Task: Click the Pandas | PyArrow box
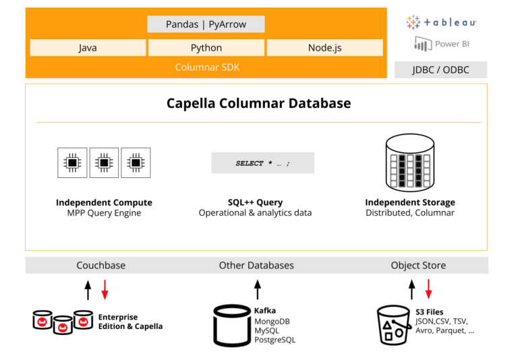point(206,25)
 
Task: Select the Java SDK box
point(88,48)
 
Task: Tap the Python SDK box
point(206,48)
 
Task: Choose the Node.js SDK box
point(324,48)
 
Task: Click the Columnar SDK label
point(207,67)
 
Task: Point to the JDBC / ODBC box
point(440,70)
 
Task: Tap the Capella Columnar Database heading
point(259,104)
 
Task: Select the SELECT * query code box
point(262,163)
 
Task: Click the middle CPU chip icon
point(104,162)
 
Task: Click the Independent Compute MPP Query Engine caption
point(104,208)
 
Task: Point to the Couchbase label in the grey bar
point(100,266)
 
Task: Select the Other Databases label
point(256,266)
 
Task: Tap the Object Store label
point(418,266)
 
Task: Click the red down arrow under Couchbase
point(105,290)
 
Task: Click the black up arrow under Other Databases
point(257,290)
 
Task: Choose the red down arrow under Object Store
point(428,290)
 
